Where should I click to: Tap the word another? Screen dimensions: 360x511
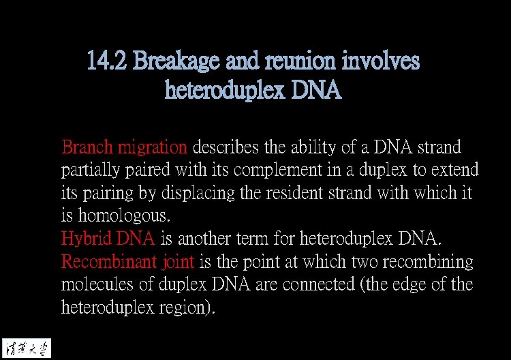pyautogui.click(x=207, y=239)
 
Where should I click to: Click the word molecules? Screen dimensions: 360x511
pyautogui.click(x=95, y=285)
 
